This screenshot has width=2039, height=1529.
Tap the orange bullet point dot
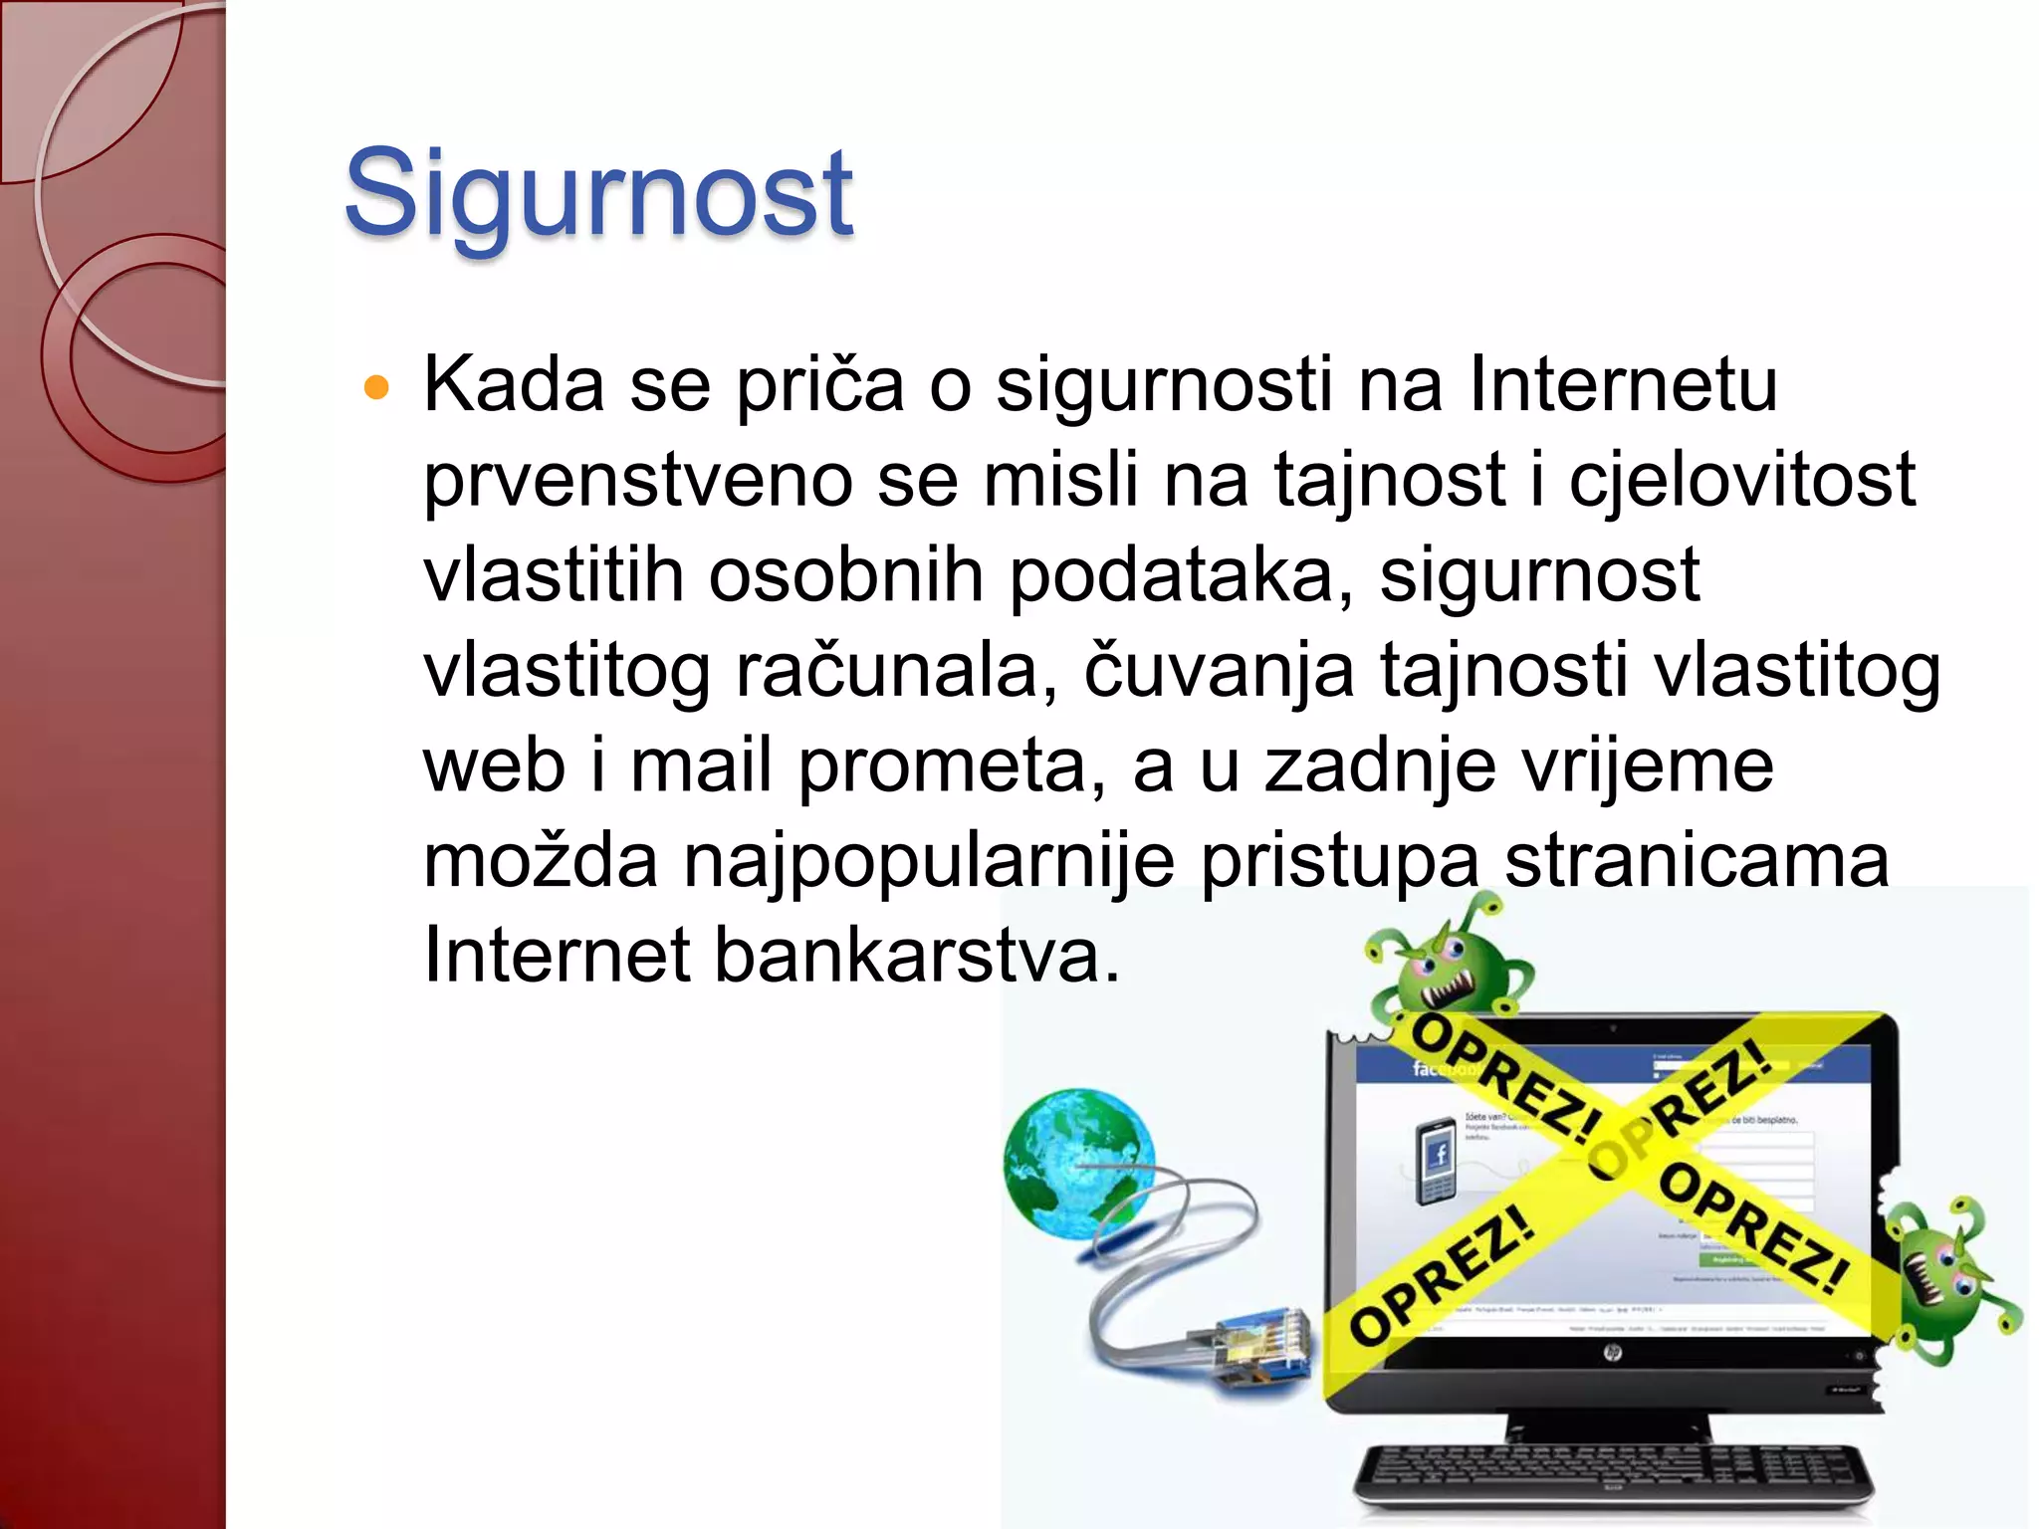click(376, 387)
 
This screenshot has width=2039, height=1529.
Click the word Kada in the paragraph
click(514, 384)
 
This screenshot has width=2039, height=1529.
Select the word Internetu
click(1623, 384)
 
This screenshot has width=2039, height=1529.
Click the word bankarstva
click(916, 956)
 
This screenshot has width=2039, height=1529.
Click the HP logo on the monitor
click(1612, 1352)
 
